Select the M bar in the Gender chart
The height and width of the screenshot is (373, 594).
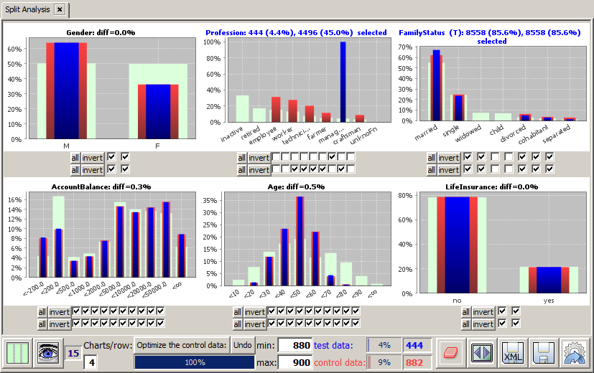66,90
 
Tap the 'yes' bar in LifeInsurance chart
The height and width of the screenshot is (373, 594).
549,280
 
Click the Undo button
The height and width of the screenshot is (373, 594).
242,345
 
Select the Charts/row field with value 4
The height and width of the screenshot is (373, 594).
91,363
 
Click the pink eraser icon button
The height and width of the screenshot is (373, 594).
451,354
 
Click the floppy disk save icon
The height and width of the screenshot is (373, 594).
543,354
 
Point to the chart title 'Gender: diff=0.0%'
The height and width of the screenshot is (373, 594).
101,32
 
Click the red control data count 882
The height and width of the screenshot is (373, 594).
414,362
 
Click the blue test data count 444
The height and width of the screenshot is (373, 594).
414,345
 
